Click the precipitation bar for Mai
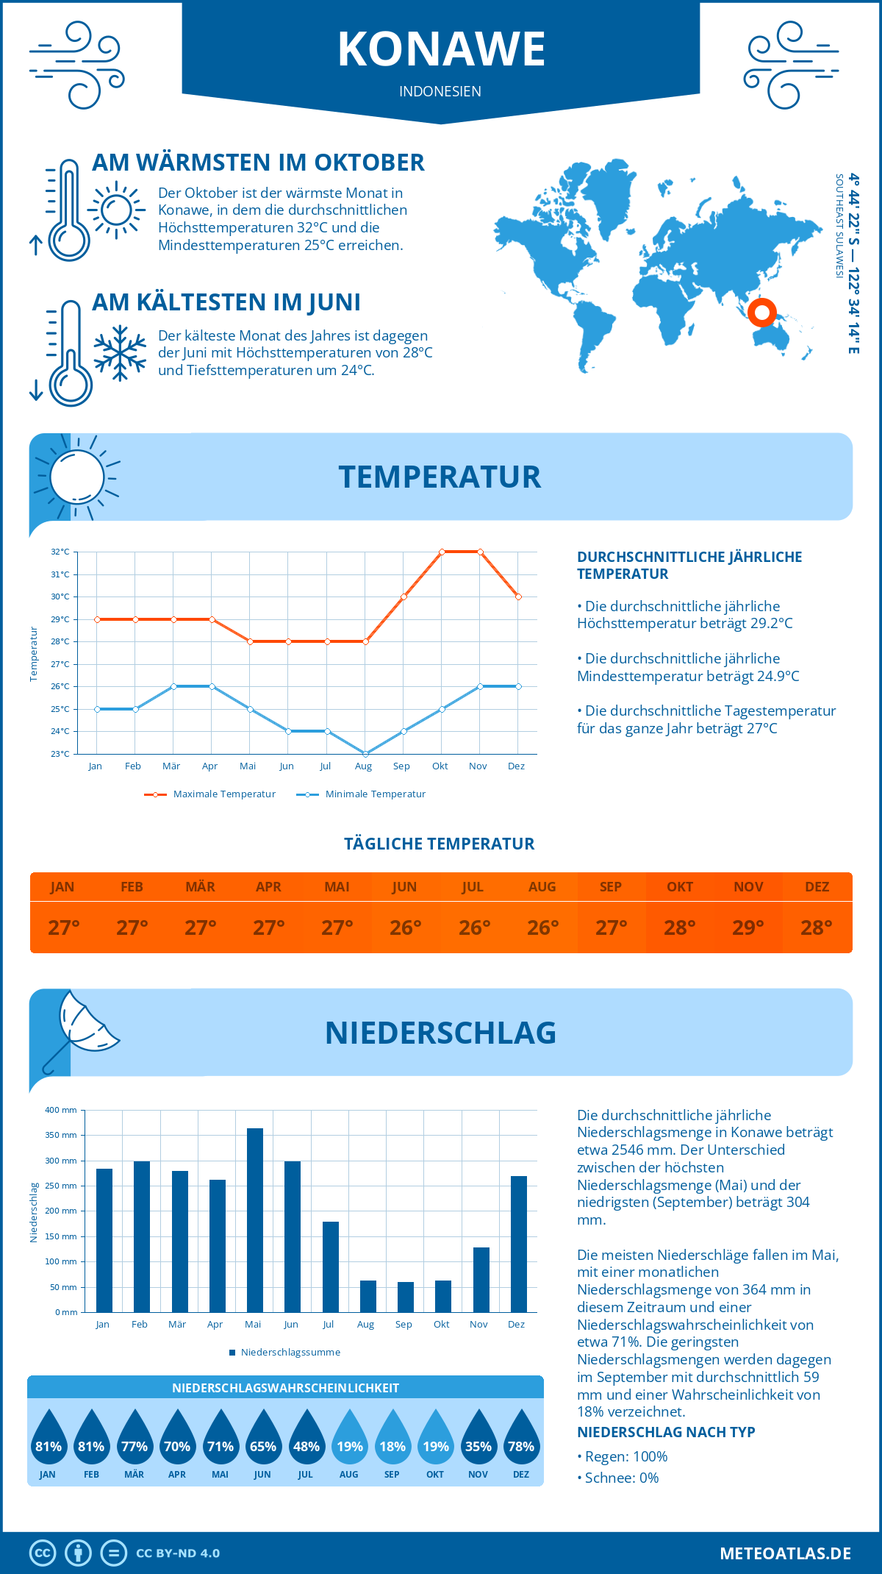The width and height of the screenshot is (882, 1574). [254, 1220]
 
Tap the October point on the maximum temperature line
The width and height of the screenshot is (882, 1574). [442, 552]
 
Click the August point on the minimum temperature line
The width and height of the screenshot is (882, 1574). [365, 754]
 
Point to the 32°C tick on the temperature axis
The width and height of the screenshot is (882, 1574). [60, 552]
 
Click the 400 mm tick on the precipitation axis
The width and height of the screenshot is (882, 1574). [62, 1110]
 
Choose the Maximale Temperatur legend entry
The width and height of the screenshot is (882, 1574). [210, 794]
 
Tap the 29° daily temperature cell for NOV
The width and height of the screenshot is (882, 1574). [748, 927]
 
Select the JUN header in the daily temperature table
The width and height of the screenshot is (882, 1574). [404, 887]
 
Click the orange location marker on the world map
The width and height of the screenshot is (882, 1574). [762, 313]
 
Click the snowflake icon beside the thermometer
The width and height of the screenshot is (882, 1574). [120, 353]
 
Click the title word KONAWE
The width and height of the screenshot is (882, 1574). [441, 49]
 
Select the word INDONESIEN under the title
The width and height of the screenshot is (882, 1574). [440, 91]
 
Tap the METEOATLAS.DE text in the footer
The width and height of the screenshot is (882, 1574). [785, 1553]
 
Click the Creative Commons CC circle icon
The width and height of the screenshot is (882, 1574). [43, 1553]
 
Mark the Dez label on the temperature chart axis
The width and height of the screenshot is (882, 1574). [516, 766]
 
